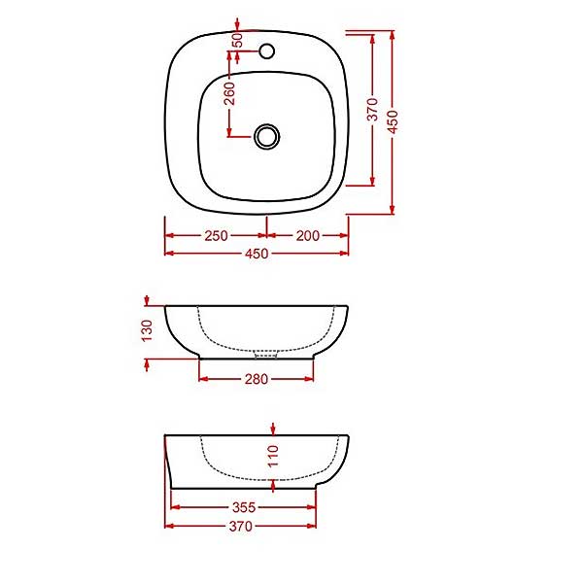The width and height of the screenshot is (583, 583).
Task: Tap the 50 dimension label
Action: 237,40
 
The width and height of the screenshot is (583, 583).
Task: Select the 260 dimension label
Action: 229,93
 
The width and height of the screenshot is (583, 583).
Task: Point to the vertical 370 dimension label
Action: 372,109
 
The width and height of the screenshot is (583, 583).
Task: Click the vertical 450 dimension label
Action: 393,121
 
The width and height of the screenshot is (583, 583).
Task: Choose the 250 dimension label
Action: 216,236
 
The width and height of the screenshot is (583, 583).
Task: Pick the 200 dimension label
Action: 307,236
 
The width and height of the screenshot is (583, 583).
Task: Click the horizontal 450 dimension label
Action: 257,254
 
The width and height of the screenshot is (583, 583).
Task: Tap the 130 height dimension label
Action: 148,330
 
